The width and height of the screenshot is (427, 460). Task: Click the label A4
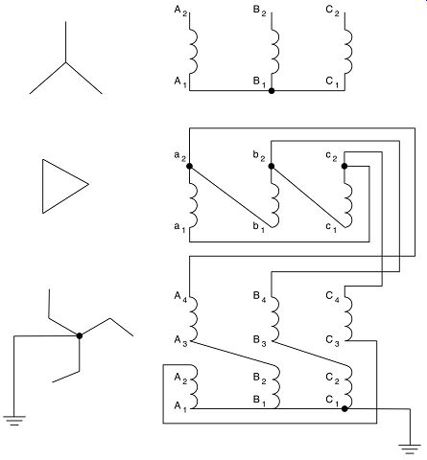point(180,297)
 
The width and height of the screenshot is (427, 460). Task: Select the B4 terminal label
point(259,297)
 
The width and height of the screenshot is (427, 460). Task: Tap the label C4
point(332,297)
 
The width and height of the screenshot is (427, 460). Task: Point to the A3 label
point(180,341)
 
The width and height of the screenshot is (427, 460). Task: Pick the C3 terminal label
point(332,341)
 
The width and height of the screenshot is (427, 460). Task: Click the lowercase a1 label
point(179,228)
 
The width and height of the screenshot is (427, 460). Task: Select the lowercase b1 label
point(259,227)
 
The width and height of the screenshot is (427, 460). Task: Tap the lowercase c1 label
point(331,228)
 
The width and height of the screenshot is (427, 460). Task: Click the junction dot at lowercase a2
point(189,166)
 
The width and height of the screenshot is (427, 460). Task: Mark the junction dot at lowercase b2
point(272,166)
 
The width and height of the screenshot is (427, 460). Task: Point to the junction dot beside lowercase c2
point(344,166)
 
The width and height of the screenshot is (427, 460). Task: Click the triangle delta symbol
point(43,186)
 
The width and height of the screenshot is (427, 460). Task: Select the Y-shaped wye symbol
point(66,62)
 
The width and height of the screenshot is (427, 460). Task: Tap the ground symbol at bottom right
point(410,448)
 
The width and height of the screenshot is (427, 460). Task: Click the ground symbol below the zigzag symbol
point(14,421)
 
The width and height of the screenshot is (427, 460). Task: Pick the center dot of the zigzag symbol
point(80,335)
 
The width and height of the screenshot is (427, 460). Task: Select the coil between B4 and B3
point(275,319)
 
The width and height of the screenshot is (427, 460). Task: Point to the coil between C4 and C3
point(348,319)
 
